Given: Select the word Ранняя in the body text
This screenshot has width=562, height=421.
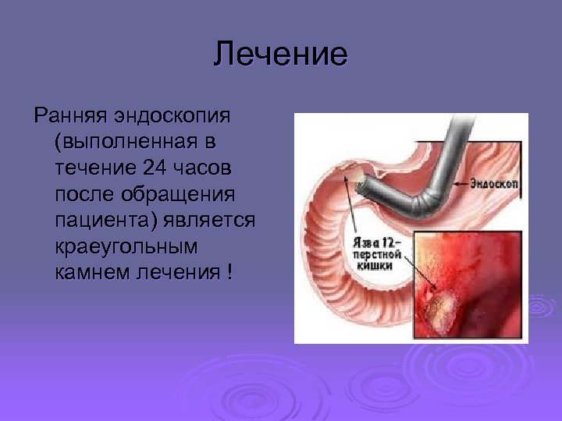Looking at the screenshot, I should click(x=69, y=116).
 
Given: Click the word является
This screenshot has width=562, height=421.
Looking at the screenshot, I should click(x=210, y=221).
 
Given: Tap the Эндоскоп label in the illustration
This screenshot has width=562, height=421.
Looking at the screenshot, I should click(x=496, y=184).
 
